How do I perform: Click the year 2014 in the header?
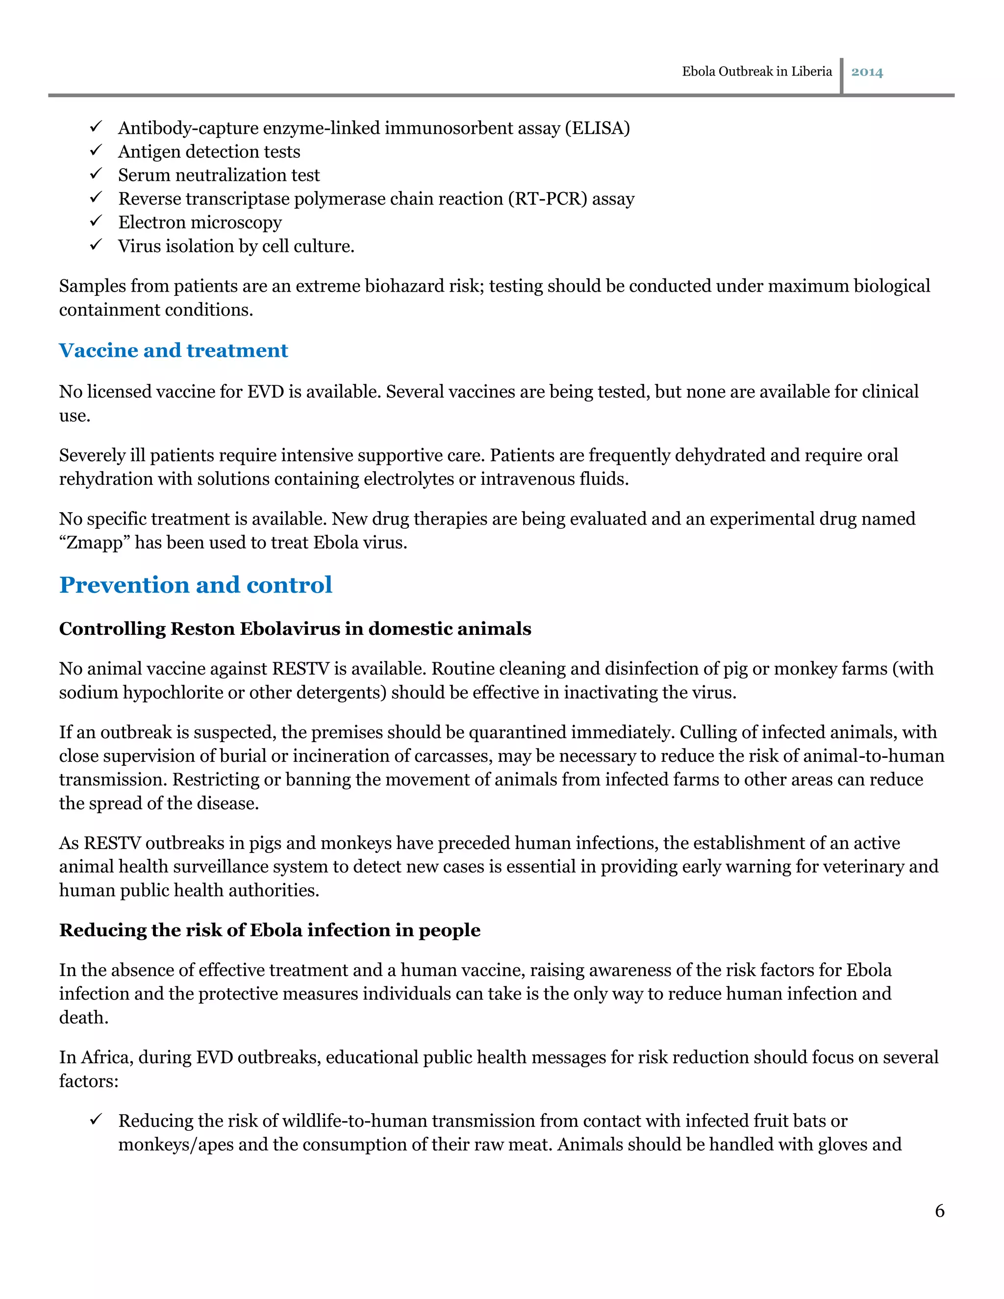point(867,72)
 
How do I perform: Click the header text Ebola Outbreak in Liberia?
point(756,72)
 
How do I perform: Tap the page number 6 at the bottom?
point(939,1210)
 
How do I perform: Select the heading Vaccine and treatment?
point(173,350)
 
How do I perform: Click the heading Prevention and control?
point(196,585)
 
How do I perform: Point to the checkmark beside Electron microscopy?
point(97,221)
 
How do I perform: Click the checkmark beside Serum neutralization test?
point(97,174)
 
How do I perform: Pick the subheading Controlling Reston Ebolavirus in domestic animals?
point(295,629)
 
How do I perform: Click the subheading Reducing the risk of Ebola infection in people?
point(270,930)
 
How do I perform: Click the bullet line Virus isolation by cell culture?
point(236,246)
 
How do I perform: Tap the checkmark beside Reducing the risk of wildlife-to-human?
point(97,1120)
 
